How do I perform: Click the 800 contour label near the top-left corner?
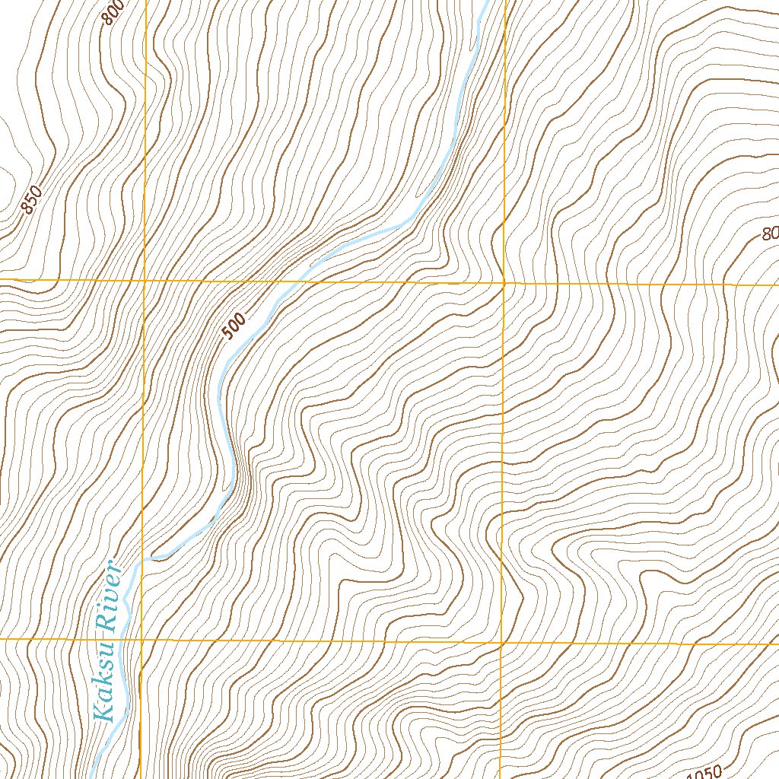(113, 11)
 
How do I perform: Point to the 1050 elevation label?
(704, 772)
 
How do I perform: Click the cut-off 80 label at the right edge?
(770, 234)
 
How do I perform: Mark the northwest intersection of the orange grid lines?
(145, 281)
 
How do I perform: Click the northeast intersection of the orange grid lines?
(504, 282)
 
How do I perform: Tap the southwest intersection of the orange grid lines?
(142, 640)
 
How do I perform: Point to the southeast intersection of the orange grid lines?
(501, 643)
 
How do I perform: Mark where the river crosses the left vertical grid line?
(143, 561)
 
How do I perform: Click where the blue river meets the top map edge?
(484, 2)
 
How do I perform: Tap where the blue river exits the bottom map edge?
(92, 775)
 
